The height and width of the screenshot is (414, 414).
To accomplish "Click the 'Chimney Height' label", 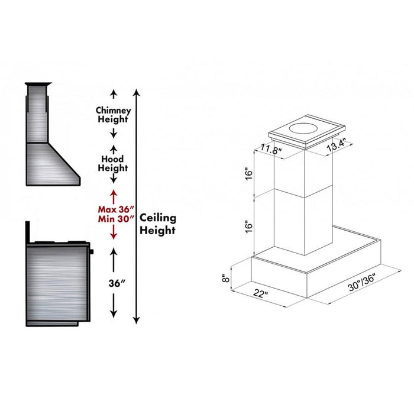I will pos(114,115).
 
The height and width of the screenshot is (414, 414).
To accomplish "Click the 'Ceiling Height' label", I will pos(157,225).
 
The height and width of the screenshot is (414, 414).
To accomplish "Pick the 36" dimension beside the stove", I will pos(114,283).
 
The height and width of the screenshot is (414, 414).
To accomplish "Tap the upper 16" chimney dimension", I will pos(248,174).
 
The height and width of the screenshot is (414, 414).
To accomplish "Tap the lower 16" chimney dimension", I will pos(248,225).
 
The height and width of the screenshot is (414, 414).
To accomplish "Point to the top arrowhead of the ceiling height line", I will pos(137,92).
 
